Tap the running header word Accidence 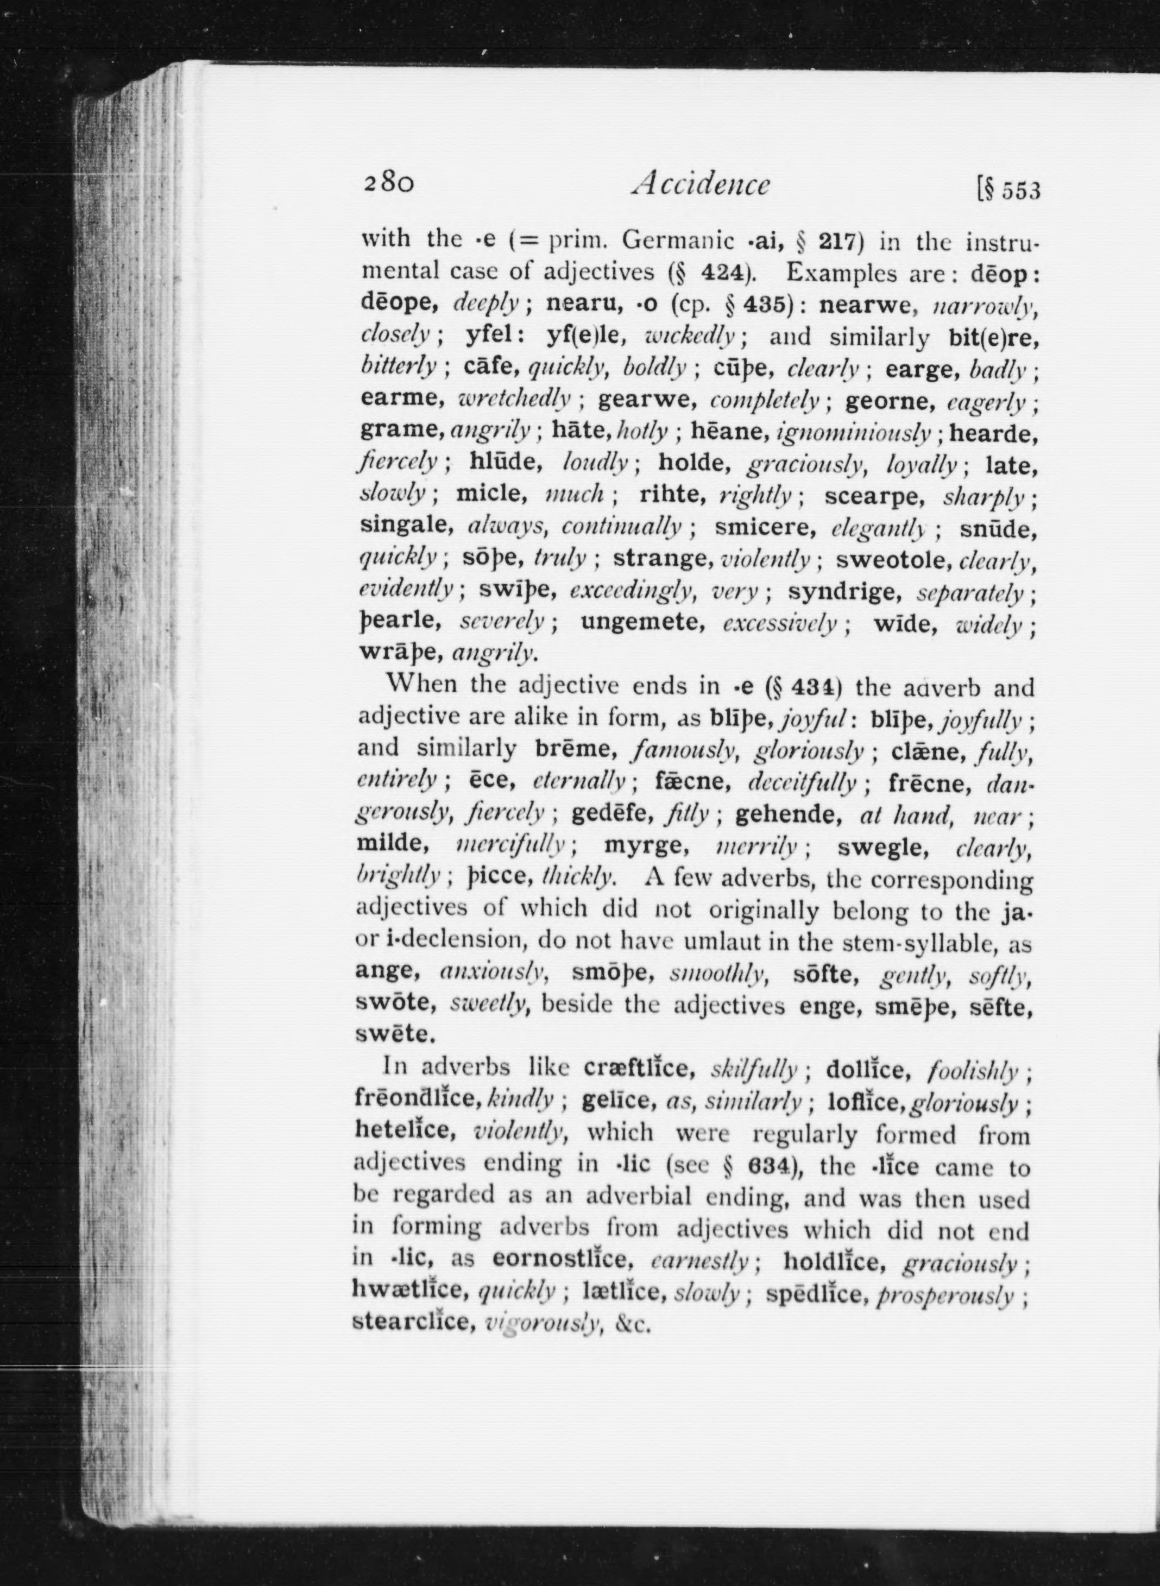click(x=701, y=185)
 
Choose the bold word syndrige click(x=844, y=591)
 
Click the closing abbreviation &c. click(x=628, y=1326)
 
